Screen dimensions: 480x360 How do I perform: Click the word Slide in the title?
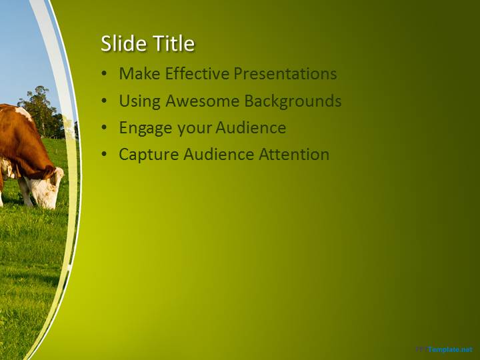pyautogui.click(x=124, y=43)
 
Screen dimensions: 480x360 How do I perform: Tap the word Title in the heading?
pyautogui.click(x=174, y=43)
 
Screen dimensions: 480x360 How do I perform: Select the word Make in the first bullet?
pyautogui.click(x=139, y=73)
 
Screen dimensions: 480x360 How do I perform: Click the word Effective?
pyautogui.click(x=197, y=73)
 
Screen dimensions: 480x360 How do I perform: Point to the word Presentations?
pyautogui.click(x=285, y=73)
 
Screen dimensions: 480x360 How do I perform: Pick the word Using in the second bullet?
pyautogui.click(x=139, y=101)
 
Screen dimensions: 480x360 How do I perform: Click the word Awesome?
pyautogui.click(x=203, y=101)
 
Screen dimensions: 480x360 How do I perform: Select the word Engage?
pyautogui.click(x=145, y=128)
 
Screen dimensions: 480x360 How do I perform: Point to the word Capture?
pyautogui.click(x=149, y=155)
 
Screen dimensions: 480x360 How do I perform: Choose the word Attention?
pyautogui.click(x=294, y=154)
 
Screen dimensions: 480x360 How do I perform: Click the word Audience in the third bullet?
pyautogui.click(x=251, y=127)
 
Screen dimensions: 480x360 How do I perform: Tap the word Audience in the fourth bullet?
pyautogui.click(x=219, y=154)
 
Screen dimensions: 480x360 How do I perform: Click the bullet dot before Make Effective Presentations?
pyautogui.click(x=105, y=74)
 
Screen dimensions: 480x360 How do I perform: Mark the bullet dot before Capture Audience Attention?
pyautogui.click(x=105, y=155)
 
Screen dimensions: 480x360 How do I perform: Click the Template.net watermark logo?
pyautogui.click(x=445, y=349)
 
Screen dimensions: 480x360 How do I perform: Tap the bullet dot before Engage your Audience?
pyautogui.click(x=105, y=128)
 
